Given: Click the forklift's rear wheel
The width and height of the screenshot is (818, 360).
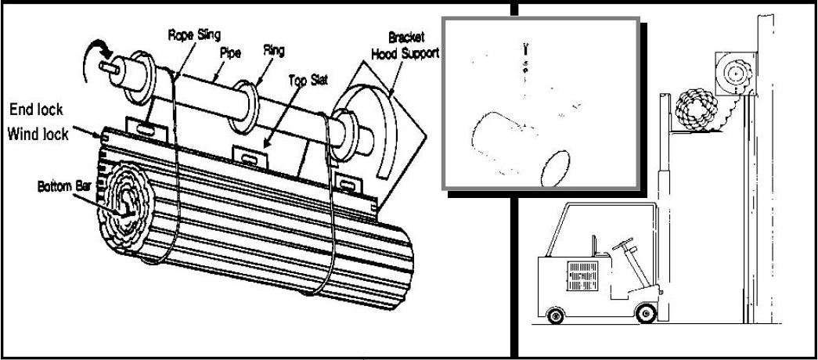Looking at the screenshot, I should coord(556,316).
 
